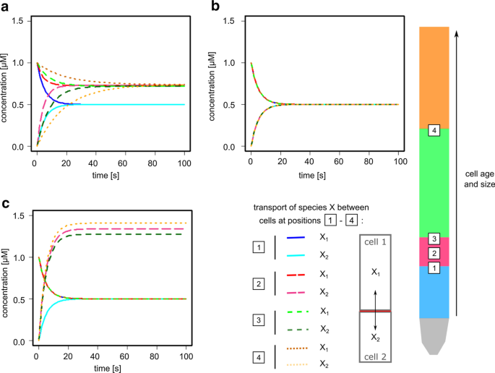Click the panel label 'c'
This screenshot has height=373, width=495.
[6, 205]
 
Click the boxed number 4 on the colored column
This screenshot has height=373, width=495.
[434, 131]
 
